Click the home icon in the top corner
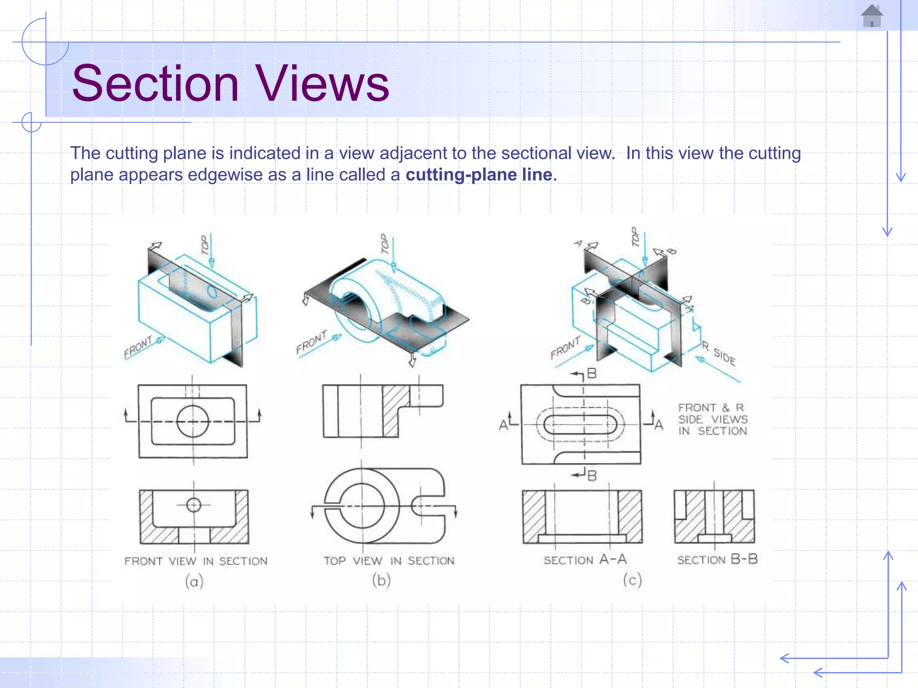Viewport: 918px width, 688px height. (x=872, y=16)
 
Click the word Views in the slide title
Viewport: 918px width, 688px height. (x=322, y=83)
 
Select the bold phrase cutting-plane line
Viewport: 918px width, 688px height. (x=479, y=175)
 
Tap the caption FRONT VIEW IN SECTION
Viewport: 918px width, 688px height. (x=196, y=561)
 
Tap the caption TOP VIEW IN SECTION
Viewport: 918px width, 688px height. (x=389, y=561)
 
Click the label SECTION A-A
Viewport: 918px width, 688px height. (x=585, y=560)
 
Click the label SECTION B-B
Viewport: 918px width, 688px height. (x=717, y=559)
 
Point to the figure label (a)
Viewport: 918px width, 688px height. (x=194, y=582)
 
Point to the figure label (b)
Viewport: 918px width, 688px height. (x=381, y=580)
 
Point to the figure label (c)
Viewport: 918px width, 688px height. (x=632, y=580)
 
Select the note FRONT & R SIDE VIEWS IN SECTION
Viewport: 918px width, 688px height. (x=713, y=419)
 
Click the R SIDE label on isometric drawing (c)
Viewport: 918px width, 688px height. (x=719, y=353)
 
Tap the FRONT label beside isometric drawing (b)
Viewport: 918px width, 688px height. (x=312, y=342)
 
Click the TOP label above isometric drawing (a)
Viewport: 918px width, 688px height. (x=205, y=245)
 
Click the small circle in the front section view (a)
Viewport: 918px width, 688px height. (x=194, y=505)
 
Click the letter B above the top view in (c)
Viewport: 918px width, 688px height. (x=592, y=374)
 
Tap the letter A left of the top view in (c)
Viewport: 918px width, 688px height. (x=504, y=424)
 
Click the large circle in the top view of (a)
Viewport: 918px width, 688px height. (x=193, y=421)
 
